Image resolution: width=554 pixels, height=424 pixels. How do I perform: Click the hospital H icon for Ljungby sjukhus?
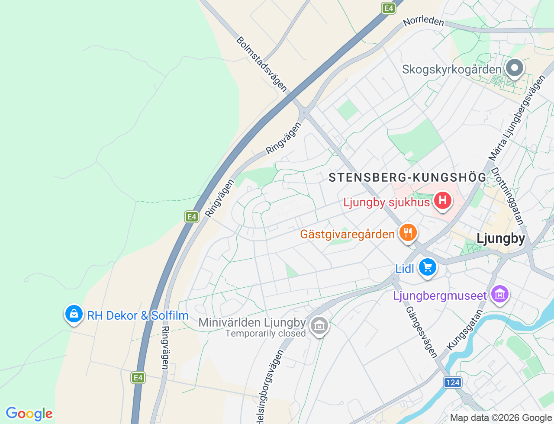pyautogui.click(x=442, y=200)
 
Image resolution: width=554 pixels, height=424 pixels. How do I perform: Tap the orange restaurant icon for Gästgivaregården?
pyautogui.click(x=407, y=233)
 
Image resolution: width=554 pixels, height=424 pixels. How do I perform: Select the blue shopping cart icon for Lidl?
pyautogui.click(x=428, y=267)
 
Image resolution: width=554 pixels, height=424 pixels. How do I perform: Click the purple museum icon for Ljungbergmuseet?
pyautogui.click(x=499, y=295)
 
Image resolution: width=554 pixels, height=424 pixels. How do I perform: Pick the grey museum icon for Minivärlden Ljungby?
pyautogui.click(x=319, y=325)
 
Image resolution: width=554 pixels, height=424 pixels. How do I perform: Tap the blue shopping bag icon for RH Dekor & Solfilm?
pyautogui.click(x=74, y=314)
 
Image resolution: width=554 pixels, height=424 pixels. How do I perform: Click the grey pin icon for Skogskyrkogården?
pyautogui.click(x=515, y=68)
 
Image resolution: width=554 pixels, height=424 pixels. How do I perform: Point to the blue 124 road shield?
pyautogui.click(x=453, y=382)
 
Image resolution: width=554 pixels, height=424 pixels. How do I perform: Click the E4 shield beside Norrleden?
pyautogui.click(x=389, y=8)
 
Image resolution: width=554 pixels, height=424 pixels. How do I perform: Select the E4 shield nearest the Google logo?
pyautogui.click(x=138, y=378)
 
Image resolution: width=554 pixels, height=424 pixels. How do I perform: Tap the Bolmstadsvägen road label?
pyautogui.click(x=261, y=64)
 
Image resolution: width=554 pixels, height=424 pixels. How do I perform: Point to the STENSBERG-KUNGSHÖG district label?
pyautogui.click(x=407, y=177)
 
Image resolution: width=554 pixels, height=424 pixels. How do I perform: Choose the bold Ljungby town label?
pyautogui.click(x=501, y=238)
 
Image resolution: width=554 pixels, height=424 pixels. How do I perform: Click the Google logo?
pyautogui.click(x=29, y=414)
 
